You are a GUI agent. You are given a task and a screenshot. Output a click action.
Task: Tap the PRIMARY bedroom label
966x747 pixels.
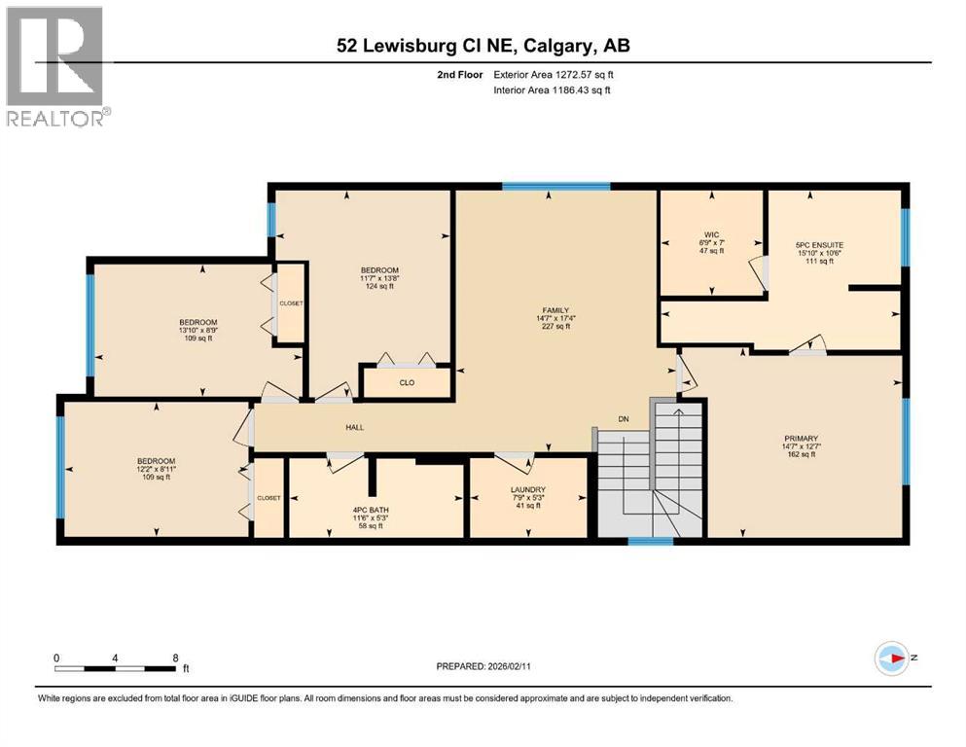[801, 438]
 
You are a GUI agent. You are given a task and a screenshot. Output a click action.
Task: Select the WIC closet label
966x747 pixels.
[711, 233]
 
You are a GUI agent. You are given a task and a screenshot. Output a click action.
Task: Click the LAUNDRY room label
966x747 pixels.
[527, 489]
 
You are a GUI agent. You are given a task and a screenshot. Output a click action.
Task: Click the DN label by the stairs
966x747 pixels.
[625, 420]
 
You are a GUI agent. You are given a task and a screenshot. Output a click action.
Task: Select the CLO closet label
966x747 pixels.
[407, 382]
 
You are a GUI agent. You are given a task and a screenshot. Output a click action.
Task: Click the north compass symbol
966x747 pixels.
[890, 658]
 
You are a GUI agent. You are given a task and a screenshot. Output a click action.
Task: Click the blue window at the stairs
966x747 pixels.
[650, 541]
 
